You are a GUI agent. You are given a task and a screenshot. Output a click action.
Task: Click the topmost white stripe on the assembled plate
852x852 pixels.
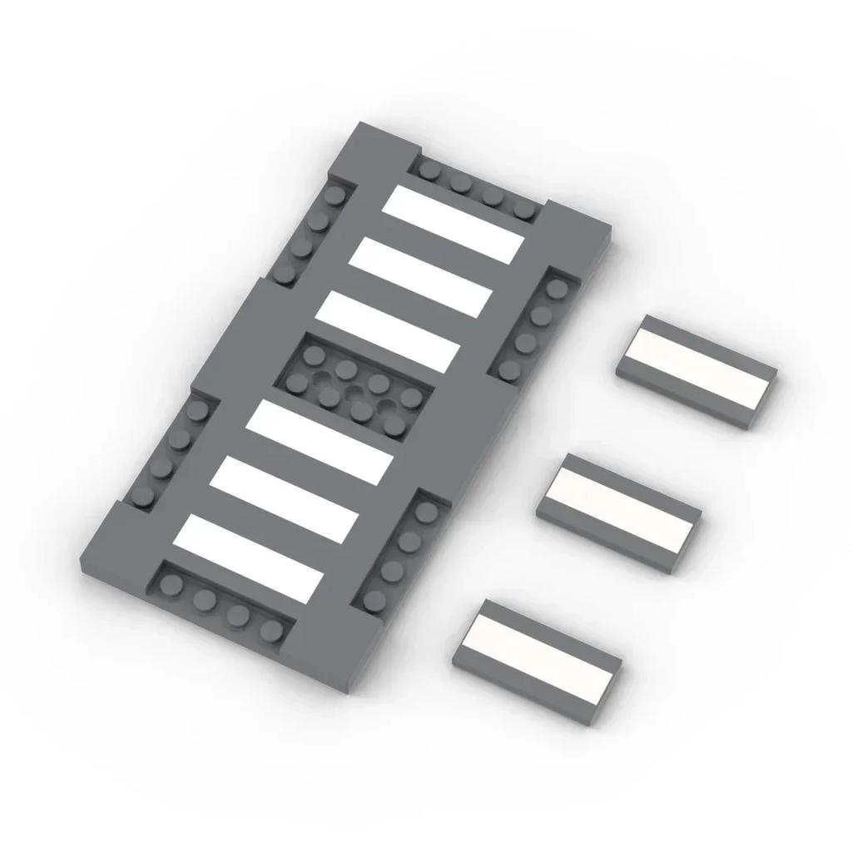tap(453, 222)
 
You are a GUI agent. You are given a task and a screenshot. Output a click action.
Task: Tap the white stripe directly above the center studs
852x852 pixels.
tap(389, 329)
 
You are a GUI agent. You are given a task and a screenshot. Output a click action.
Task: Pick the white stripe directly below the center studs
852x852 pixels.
tap(319, 441)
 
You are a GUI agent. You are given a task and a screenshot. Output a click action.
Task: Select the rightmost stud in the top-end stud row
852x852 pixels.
tap(523, 210)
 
